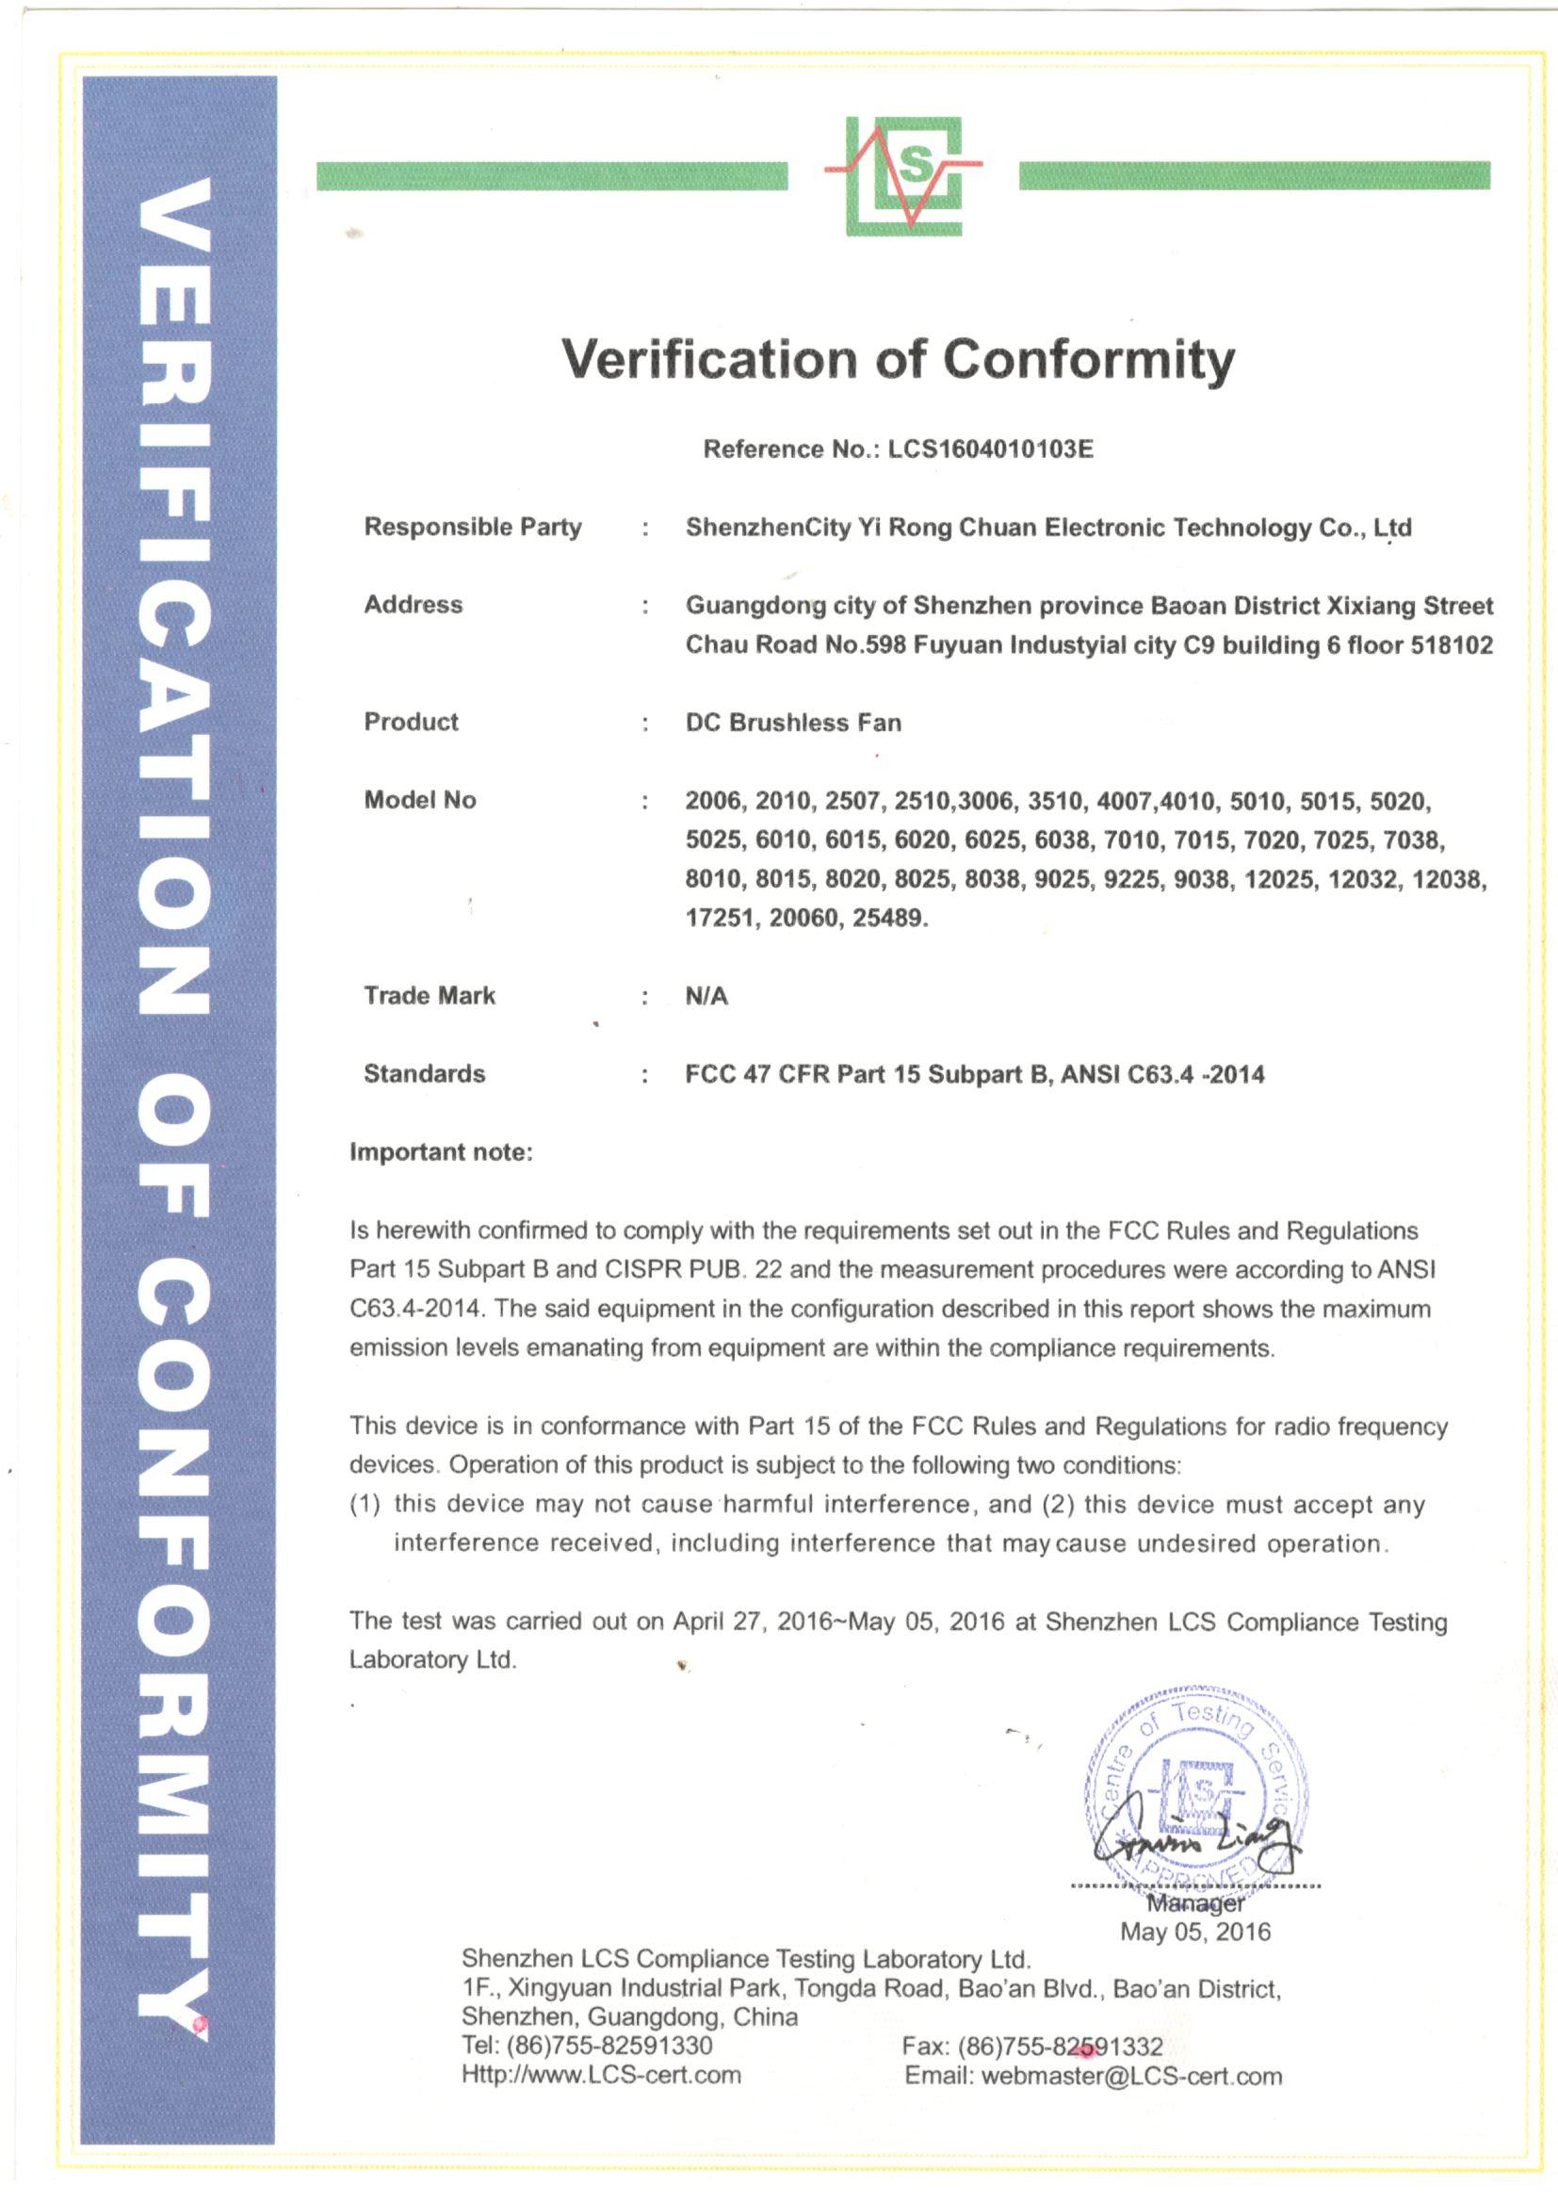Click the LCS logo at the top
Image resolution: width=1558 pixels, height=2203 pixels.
(902, 175)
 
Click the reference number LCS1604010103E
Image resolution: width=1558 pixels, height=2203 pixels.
(990, 449)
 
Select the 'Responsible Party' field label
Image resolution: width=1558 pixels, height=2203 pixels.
(472, 527)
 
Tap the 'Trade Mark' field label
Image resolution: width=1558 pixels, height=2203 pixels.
(429, 995)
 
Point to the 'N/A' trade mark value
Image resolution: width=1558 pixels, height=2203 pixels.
(706, 996)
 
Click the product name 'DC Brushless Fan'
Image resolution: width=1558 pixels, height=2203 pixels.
(793, 723)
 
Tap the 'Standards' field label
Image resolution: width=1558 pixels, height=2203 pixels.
(424, 1073)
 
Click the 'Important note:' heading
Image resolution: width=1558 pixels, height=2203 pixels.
(440, 1151)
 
